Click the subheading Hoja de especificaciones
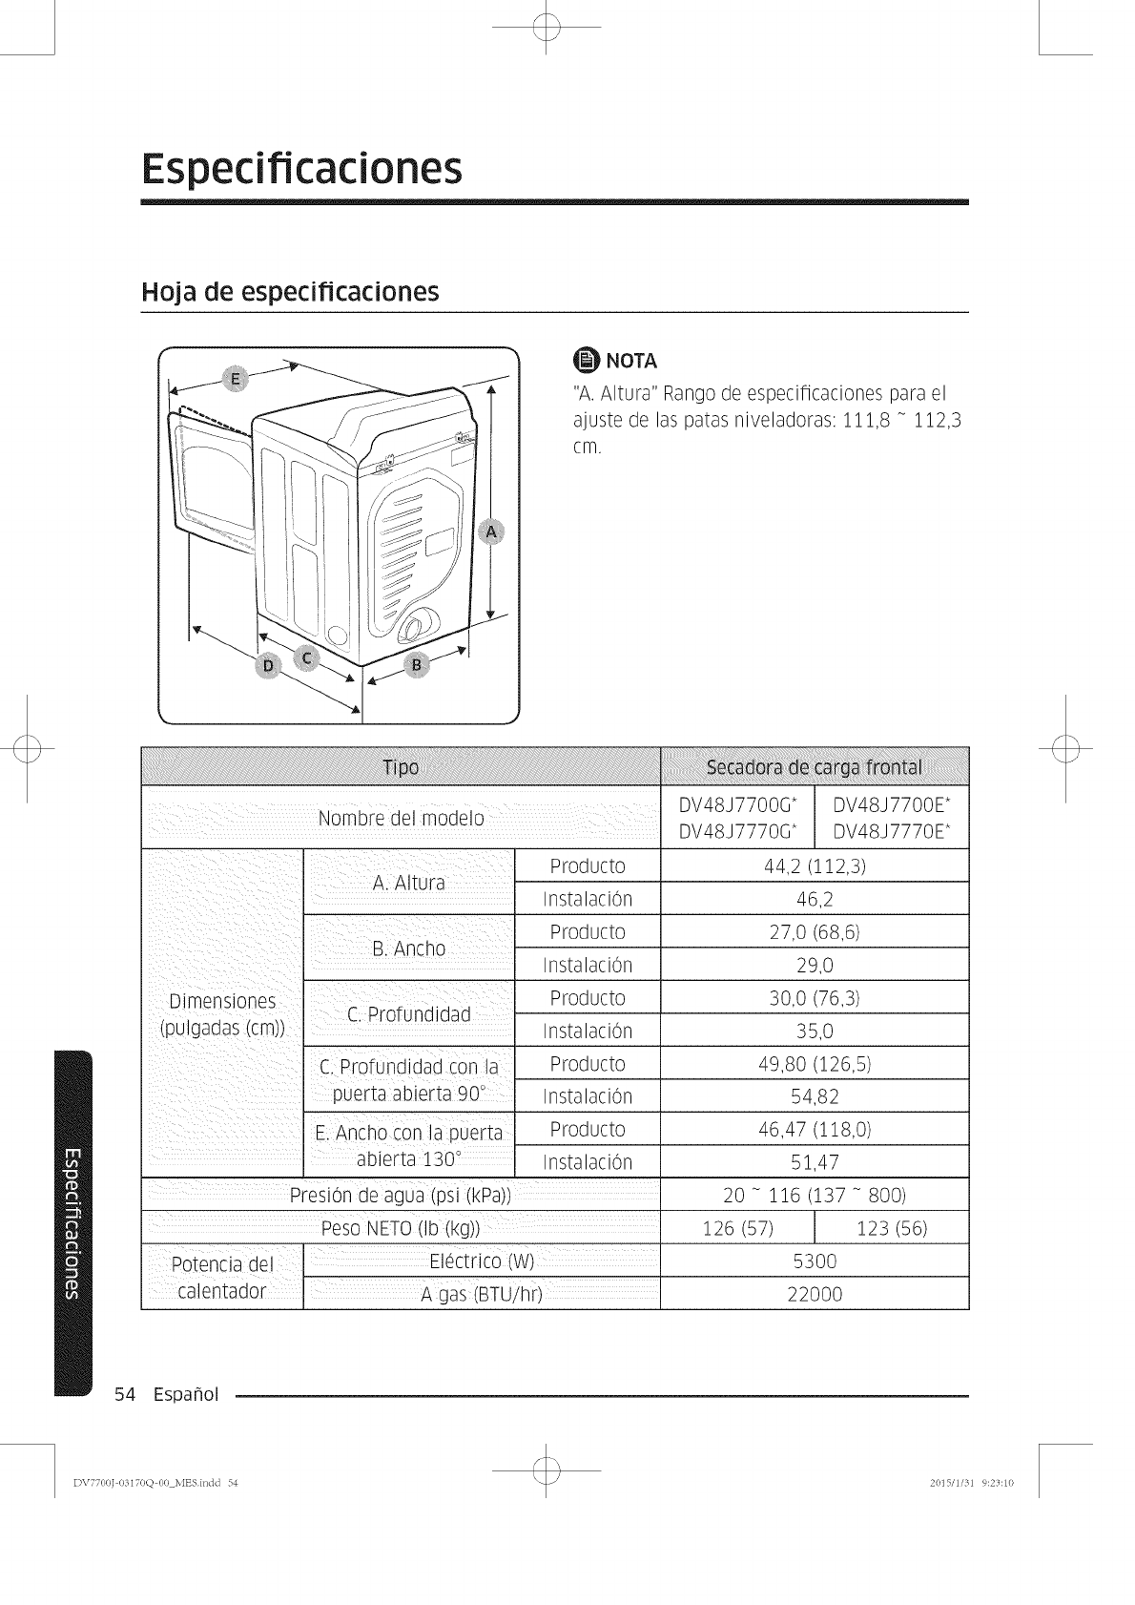[289, 291]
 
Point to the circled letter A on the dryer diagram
[492, 532]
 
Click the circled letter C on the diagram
[305, 657]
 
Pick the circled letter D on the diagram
[269, 665]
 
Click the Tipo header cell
[401, 767]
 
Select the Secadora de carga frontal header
[814, 767]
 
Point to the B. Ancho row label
[408, 948]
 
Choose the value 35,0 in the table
[814, 1031]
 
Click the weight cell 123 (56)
[892, 1227]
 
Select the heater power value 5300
[814, 1261]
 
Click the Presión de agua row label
[401, 1195]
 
